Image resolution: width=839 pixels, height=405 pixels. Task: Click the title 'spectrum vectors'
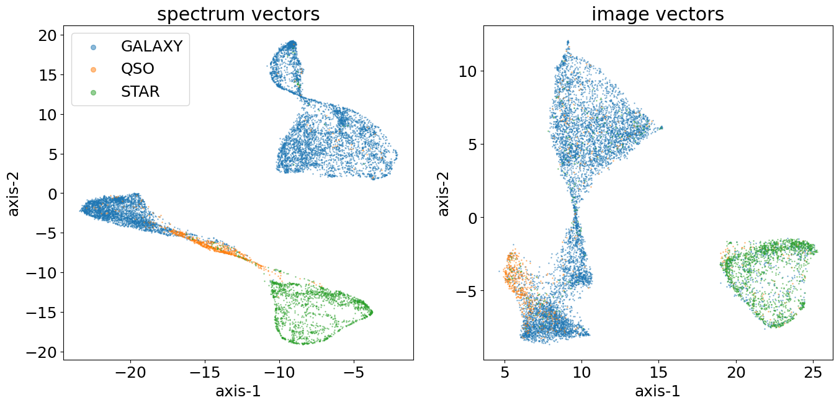[x=238, y=14]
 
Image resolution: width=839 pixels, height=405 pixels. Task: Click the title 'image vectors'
[x=658, y=14]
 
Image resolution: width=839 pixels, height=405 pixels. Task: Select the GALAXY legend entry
[x=151, y=46]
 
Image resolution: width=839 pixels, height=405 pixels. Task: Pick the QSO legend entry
[x=137, y=69]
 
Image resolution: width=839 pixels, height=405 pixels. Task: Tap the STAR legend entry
[x=140, y=92]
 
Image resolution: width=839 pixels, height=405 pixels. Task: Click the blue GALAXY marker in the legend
[x=93, y=47]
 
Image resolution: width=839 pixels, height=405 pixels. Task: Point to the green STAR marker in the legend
[x=93, y=92]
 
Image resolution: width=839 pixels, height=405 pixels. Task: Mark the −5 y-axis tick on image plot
[x=467, y=291]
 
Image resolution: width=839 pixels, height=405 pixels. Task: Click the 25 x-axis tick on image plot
[x=813, y=373]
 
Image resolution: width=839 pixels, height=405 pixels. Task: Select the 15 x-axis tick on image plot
[x=658, y=373]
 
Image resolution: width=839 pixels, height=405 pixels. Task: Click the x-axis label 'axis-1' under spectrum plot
[x=238, y=391]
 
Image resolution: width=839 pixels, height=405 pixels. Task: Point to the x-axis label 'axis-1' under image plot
[x=658, y=391]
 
